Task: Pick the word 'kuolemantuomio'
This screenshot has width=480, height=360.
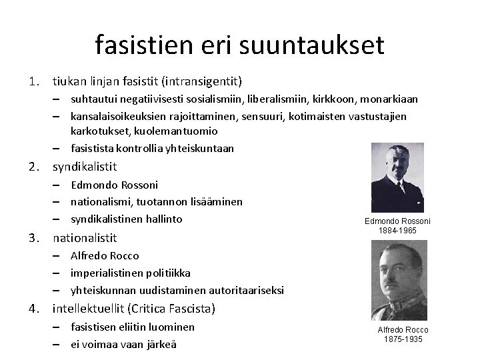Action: click(x=160, y=131)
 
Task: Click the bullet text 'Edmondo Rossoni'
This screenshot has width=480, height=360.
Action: click(x=114, y=185)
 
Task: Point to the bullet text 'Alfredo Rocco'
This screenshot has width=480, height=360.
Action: click(x=105, y=255)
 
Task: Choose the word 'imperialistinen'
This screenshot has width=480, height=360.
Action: click(x=109, y=273)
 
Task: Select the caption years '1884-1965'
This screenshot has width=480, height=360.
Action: click(x=397, y=230)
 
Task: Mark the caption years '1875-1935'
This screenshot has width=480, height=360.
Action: click(x=403, y=339)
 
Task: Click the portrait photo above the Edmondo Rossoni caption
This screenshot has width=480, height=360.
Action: click(x=397, y=178)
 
